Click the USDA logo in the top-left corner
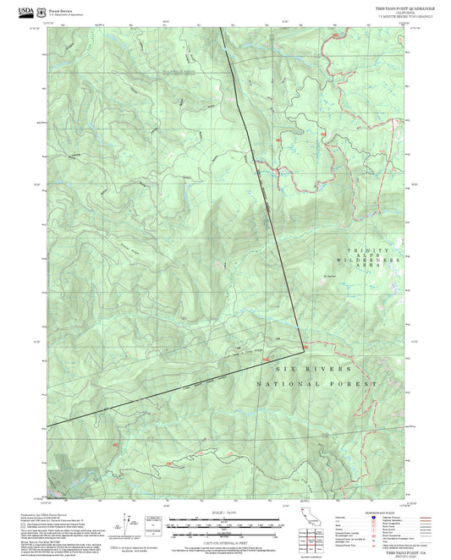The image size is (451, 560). pyautogui.click(x=26, y=7)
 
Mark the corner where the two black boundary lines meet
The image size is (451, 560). pyautogui.click(x=304, y=345)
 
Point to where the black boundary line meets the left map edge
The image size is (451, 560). pyautogui.click(x=47, y=425)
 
